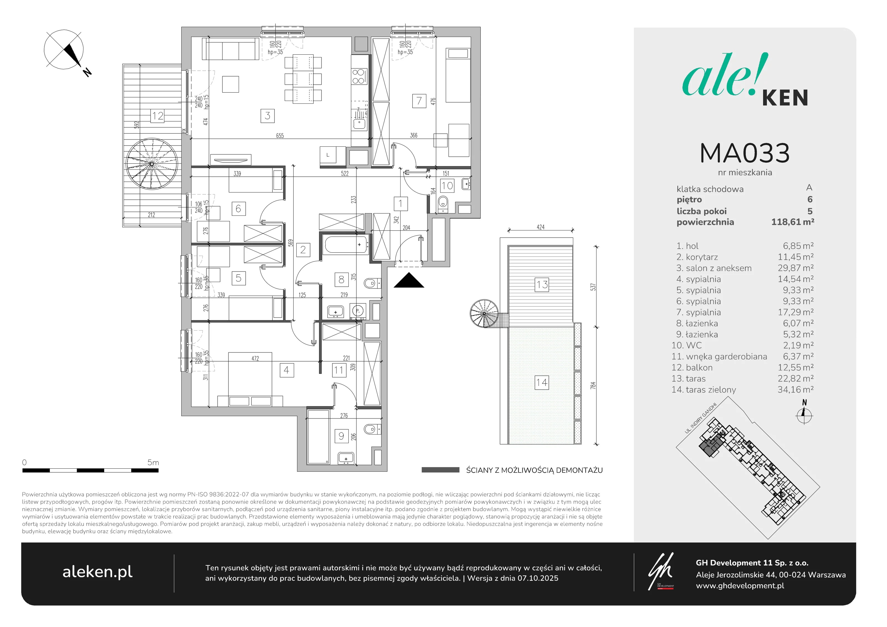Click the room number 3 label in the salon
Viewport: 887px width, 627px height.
click(x=267, y=116)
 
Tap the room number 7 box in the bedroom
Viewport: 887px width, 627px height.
click(x=419, y=101)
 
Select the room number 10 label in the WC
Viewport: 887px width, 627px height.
click(x=447, y=186)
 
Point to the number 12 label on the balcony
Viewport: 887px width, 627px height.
click(x=158, y=116)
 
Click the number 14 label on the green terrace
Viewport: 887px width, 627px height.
click(x=542, y=383)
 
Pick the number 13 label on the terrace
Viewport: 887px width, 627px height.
click(x=542, y=285)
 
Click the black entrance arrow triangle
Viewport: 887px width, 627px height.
click(x=409, y=280)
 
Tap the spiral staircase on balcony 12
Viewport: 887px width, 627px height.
click(x=152, y=164)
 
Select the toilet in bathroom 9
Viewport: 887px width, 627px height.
click(x=372, y=429)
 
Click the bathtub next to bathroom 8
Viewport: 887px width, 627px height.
click(x=345, y=245)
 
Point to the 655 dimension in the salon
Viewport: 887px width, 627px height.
click(x=280, y=136)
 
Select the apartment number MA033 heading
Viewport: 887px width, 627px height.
click(x=745, y=153)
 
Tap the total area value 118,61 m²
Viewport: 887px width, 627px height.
click(x=793, y=222)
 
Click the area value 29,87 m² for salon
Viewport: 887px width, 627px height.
click(x=796, y=268)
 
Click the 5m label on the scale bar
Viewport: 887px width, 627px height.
click(x=153, y=462)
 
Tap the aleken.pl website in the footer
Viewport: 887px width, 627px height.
click(x=97, y=572)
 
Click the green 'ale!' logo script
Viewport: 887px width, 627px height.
click(x=725, y=76)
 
